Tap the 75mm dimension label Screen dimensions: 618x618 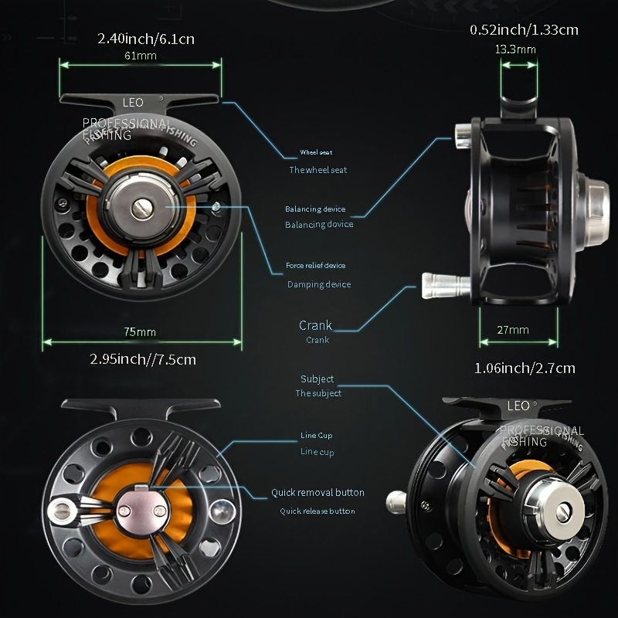(140, 331)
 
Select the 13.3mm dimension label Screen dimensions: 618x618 (515, 49)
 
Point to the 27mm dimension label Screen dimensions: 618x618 (514, 330)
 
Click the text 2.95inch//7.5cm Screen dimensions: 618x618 (143, 359)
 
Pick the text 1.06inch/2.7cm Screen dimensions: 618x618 (525, 368)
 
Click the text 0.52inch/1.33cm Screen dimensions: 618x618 (524, 30)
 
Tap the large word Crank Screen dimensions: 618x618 (315, 325)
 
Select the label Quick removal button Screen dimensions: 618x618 (317, 492)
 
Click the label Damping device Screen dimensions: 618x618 (319, 284)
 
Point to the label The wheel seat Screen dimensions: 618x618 (317, 170)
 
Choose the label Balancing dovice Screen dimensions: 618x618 (319, 224)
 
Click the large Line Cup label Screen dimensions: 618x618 (316, 436)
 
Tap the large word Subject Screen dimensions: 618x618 (317, 379)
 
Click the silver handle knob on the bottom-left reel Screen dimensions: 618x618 (60, 509)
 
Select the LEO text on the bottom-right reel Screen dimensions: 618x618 (518, 406)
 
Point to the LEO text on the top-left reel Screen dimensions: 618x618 (133, 102)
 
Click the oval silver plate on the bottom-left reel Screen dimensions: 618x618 (141, 509)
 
